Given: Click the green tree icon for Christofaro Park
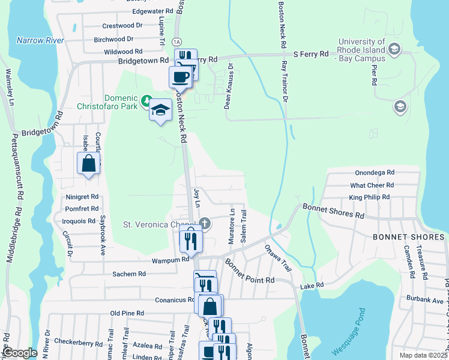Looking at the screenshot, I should [146, 98].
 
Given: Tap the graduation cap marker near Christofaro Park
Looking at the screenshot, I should [160, 110].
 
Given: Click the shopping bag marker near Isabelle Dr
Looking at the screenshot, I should [88, 163].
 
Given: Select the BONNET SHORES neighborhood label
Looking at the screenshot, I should [408, 237].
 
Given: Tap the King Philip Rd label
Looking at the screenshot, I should [369, 197].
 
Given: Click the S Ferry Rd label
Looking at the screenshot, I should [310, 55].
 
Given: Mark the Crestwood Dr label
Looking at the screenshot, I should [122, 26].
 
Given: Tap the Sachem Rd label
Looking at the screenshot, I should [129, 274].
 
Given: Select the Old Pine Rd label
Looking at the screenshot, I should [127, 313].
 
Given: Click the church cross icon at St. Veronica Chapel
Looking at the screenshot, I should [205, 224].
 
